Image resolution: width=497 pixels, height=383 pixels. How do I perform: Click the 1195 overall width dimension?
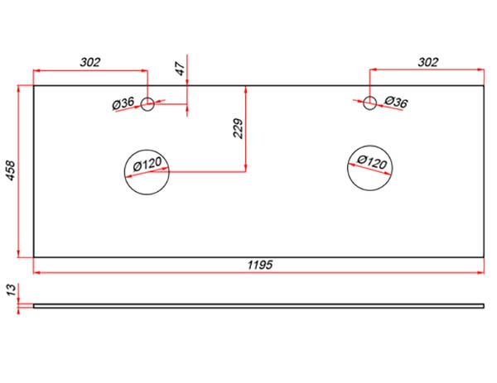pos(260,265)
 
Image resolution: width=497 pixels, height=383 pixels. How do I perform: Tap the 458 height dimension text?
pos(11,171)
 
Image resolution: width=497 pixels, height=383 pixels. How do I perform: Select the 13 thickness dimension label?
pos(11,290)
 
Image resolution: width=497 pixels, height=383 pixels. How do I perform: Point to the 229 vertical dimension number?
pos(238,128)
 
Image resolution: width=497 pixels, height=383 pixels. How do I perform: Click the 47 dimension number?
pos(180,69)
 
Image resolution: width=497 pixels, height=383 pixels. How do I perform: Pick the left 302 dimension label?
pos(90,62)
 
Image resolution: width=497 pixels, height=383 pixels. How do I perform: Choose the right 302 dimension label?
pos(428,62)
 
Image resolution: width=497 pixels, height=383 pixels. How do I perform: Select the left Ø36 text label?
pos(123,103)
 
